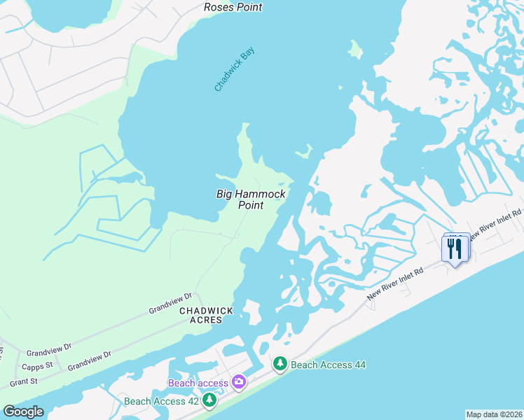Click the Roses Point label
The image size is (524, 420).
(233, 7)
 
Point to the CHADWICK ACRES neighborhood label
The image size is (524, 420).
(201, 315)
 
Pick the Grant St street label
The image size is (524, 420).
(23, 382)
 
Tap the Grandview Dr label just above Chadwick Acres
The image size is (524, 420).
(170, 304)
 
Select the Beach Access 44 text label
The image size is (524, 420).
(328, 365)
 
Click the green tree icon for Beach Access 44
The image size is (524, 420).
(280, 364)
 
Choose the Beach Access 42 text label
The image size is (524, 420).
(161, 401)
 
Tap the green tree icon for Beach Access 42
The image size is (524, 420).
(209, 400)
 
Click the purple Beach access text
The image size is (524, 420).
(198, 383)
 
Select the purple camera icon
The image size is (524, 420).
(239, 381)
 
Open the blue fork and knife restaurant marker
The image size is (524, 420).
(455, 248)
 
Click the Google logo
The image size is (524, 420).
(23, 412)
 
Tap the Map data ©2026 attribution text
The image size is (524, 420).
(494, 414)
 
